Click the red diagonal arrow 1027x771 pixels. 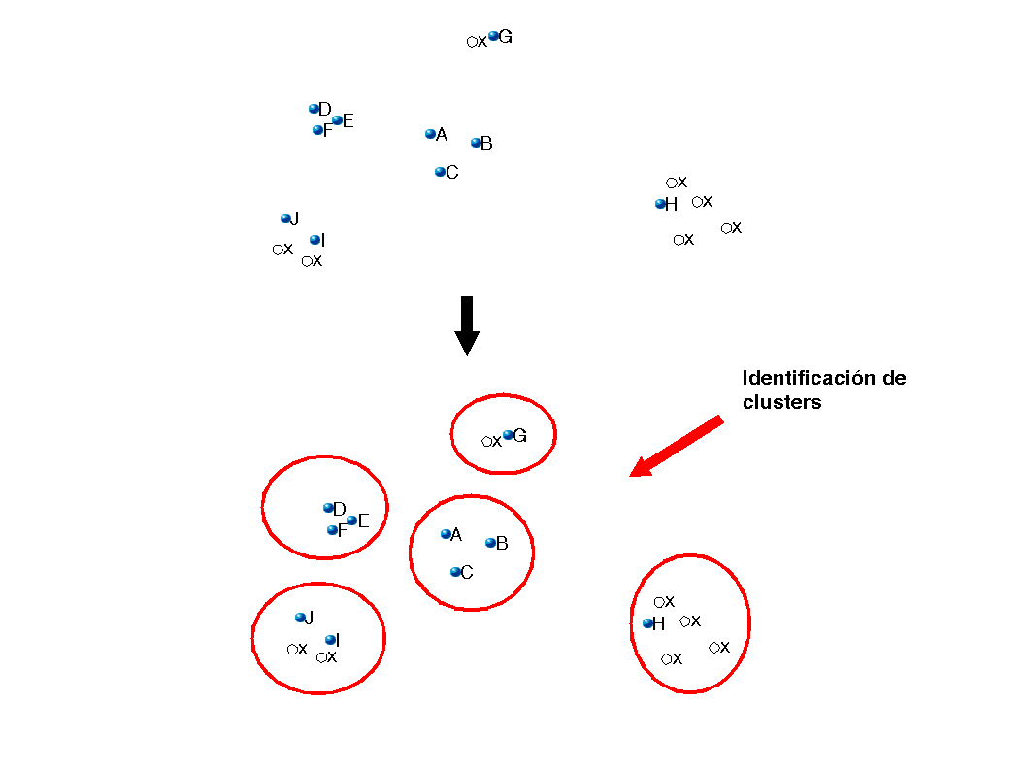[x=678, y=446]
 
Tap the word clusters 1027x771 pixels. [x=781, y=402]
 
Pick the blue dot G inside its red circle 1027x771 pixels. [x=508, y=435]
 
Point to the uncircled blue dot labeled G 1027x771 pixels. [x=493, y=36]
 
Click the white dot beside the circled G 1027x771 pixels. [x=486, y=441]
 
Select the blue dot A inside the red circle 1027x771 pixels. [x=446, y=534]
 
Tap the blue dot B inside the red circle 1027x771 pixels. [x=491, y=542]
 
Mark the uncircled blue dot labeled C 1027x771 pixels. [x=440, y=172]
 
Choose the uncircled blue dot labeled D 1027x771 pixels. [x=314, y=109]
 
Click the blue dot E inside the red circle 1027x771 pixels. [x=352, y=520]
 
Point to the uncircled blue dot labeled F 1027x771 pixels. [x=317, y=130]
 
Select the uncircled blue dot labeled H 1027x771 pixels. [x=660, y=204]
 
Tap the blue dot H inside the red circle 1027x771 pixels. [x=647, y=623]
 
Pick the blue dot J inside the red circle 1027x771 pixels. [x=300, y=618]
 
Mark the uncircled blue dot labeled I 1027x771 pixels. [x=315, y=240]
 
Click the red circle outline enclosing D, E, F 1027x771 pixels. [x=262, y=507]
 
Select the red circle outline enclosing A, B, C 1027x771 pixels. [x=411, y=553]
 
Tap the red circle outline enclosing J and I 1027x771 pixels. [x=252, y=638]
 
